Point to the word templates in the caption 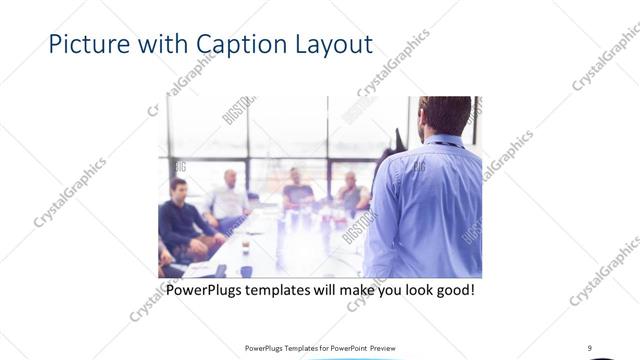290,291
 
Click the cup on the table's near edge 221,269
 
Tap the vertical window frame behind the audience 248,140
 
